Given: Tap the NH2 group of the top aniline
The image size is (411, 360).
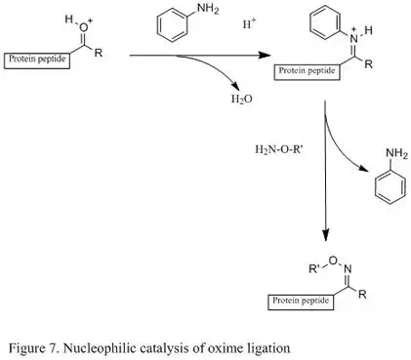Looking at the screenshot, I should point(208,11).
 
